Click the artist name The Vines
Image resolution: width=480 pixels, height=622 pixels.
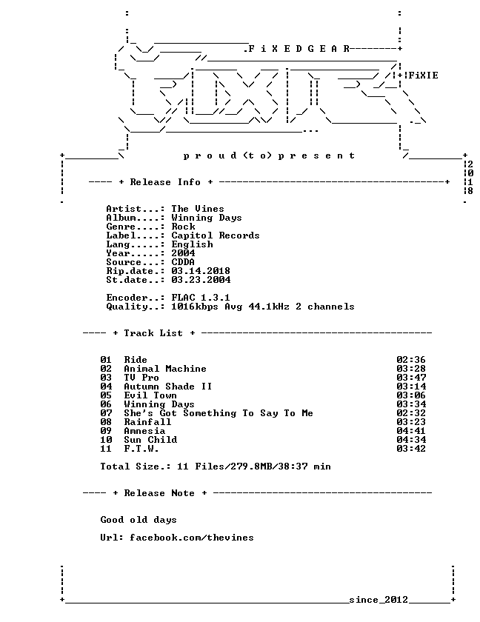point(198,209)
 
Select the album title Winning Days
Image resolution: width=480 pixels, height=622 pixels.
point(206,218)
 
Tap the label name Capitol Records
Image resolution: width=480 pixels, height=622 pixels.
point(216,235)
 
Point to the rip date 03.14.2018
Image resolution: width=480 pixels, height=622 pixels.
point(201,271)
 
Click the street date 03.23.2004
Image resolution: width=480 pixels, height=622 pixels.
point(201,280)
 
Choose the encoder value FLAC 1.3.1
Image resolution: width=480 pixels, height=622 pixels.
point(201,298)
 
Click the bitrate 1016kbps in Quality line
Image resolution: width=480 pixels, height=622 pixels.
point(195,307)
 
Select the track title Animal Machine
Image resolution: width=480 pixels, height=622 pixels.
point(165,369)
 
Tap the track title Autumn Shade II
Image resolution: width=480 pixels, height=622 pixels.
point(168,387)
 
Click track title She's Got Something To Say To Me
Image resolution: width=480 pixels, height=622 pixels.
point(219,413)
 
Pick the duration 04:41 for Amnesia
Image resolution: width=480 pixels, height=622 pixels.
point(411,431)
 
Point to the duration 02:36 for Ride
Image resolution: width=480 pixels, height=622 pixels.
point(411,360)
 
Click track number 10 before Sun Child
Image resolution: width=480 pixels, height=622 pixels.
point(106,440)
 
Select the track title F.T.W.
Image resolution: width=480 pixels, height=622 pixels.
point(141,449)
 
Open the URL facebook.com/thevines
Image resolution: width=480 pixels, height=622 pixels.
point(192,538)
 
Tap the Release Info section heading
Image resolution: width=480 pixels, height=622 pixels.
point(165,182)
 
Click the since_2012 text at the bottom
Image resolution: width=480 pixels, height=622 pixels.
point(379,600)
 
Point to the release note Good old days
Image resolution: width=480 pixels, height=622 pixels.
point(139,520)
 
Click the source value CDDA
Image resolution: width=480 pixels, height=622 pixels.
point(183,262)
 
